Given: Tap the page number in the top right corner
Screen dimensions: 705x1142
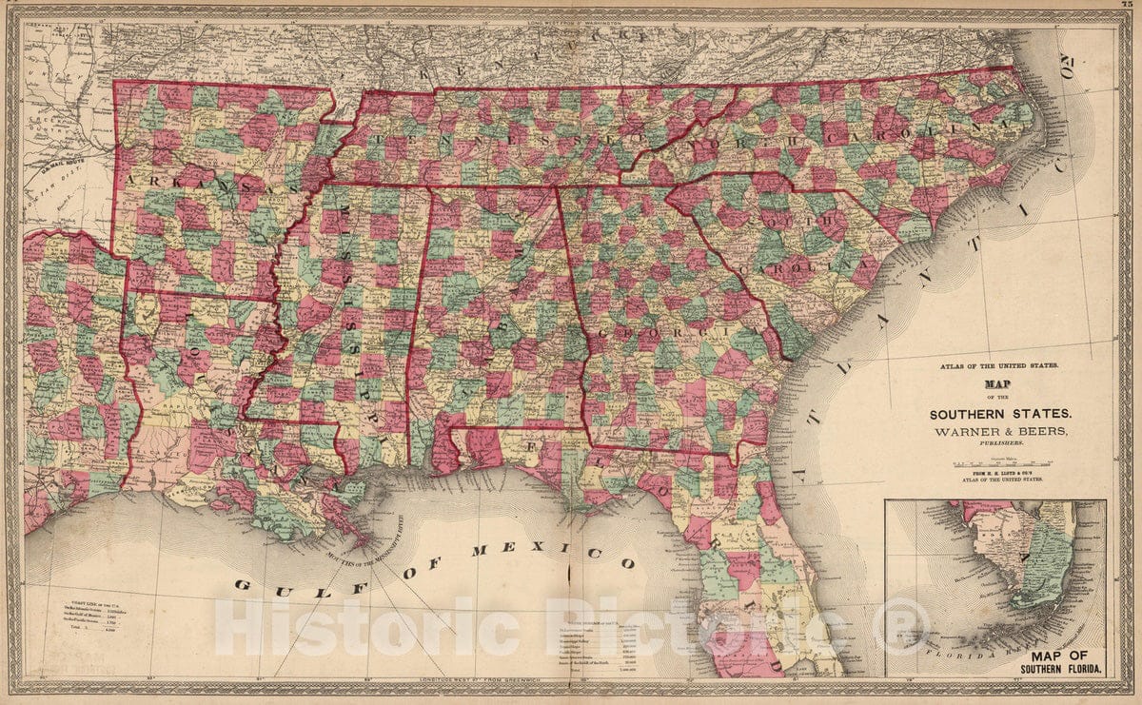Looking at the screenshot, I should [1129, 7].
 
